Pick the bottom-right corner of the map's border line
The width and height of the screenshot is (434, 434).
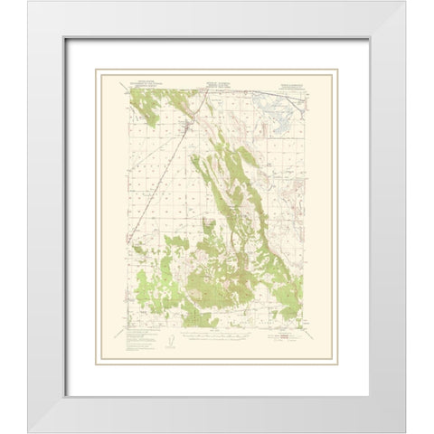[308, 328]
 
